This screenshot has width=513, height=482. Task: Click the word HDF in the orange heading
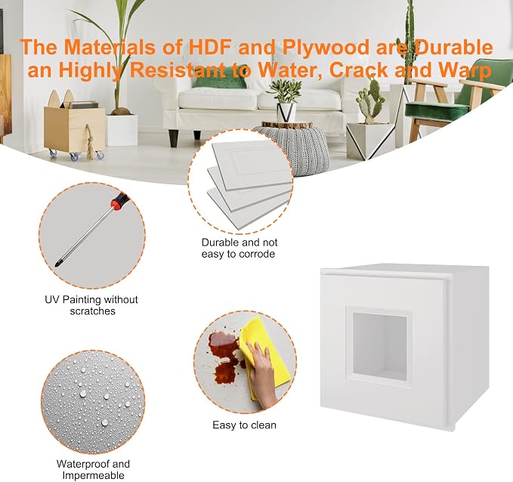coord(211,47)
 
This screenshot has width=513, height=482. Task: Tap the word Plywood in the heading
coord(325,48)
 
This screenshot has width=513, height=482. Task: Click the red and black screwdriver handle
coord(119,200)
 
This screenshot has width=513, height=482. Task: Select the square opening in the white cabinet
coord(379,346)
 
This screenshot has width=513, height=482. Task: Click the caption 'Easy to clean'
coord(244,425)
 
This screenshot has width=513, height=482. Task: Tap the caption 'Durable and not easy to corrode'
coord(240,248)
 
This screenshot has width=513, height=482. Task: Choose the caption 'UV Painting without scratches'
coord(91,305)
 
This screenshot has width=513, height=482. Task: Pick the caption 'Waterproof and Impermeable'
coord(93,469)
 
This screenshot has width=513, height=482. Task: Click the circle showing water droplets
coord(93,402)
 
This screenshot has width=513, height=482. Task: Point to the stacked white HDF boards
coord(250,181)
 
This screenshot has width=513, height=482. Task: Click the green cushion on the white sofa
coord(220,82)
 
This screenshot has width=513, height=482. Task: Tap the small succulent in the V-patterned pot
coord(286,91)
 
